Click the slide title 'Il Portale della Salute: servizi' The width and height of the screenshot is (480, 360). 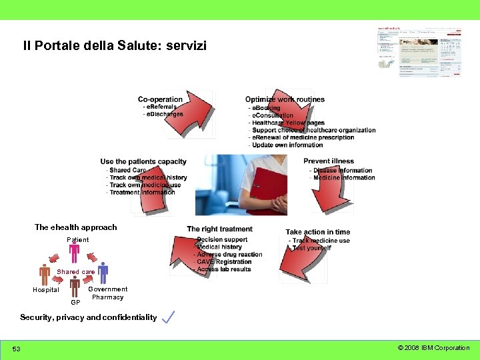[x=115, y=46]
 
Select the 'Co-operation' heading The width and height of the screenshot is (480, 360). [x=160, y=100]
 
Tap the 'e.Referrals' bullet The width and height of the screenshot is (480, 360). [x=159, y=107]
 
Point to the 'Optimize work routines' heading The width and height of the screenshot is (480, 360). [x=285, y=100]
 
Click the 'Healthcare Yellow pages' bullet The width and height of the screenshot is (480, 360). [x=288, y=123]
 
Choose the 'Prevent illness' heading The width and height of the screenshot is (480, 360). [x=329, y=161]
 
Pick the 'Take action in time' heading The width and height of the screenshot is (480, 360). [x=317, y=233]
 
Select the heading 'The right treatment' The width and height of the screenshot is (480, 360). [x=219, y=229]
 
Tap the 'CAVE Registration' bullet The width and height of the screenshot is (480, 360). [x=224, y=262]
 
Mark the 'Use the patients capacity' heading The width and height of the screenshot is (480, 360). [x=143, y=161]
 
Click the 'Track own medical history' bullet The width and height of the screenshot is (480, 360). [x=148, y=178]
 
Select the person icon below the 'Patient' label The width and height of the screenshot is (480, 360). [x=74, y=253]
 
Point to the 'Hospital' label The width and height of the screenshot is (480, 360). [x=46, y=290]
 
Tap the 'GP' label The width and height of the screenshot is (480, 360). [x=75, y=302]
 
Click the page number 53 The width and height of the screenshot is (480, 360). [x=17, y=348]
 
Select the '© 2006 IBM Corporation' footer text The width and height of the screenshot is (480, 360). [x=433, y=348]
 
